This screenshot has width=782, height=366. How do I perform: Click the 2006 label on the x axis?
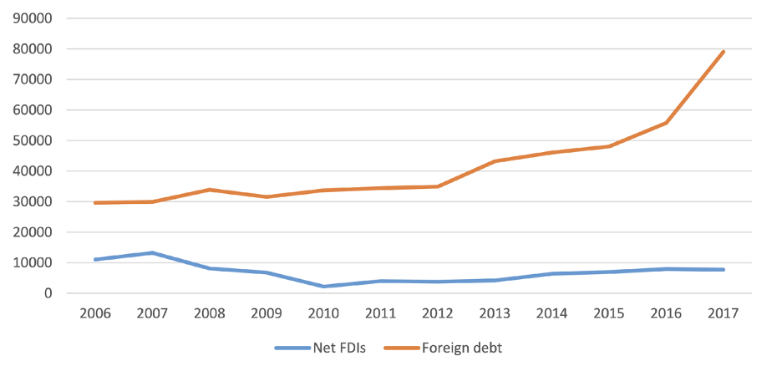point(95,313)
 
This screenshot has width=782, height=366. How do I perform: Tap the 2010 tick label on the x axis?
point(323,313)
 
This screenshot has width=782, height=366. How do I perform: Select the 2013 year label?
point(495,313)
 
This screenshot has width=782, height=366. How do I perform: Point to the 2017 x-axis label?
point(723,313)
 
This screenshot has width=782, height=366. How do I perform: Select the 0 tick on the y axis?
point(49,293)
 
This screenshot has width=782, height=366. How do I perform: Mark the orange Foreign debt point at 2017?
point(723,52)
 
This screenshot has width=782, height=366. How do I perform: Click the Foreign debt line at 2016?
point(666,123)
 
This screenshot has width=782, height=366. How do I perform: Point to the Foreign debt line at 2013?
point(495,161)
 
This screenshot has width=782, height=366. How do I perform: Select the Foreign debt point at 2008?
point(209,190)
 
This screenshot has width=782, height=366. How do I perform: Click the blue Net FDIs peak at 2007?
point(152,252)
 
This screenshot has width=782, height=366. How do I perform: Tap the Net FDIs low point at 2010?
point(323,287)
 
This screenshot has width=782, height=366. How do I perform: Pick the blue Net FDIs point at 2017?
point(723,269)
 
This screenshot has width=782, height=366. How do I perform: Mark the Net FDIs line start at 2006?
point(95,259)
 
